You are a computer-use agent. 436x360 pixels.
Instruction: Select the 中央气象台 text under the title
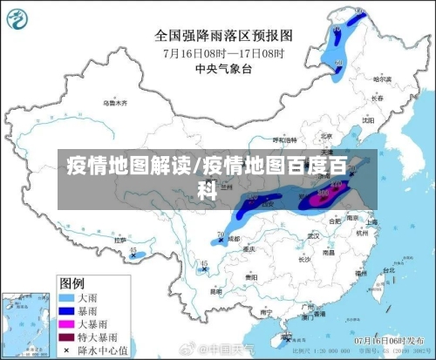224,68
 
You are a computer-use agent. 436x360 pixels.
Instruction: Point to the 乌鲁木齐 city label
115,103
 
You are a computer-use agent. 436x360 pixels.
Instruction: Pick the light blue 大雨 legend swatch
65,296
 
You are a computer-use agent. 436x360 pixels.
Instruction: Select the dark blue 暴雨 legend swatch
65,309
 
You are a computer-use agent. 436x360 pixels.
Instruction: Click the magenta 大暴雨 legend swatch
65,323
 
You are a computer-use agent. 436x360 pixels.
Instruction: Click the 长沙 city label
303,258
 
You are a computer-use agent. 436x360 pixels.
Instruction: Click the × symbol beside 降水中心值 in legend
65,349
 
